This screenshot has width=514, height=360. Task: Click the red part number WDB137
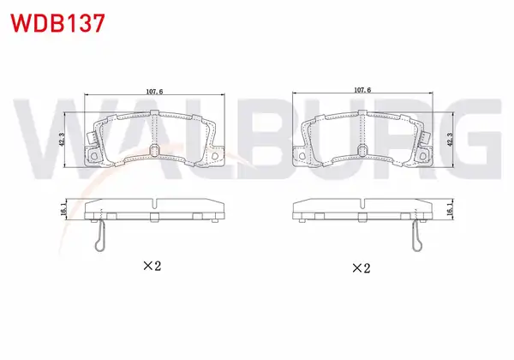tap(57, 23)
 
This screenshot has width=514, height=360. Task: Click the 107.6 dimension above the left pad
tap(154, 92)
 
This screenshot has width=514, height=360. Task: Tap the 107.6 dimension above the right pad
tap(362, 89)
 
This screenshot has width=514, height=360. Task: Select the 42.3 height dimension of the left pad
tap(63, 140)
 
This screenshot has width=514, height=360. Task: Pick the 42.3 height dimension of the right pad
tap(450, 140)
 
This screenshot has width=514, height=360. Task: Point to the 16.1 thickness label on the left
tap(63, 209)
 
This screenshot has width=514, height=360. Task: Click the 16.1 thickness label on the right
tap(450, 209)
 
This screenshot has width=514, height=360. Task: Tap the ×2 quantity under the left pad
tap(152, 266)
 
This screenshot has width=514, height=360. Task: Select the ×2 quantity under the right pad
tap(361, 268)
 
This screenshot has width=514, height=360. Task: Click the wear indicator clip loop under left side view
tap(99, 244)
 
